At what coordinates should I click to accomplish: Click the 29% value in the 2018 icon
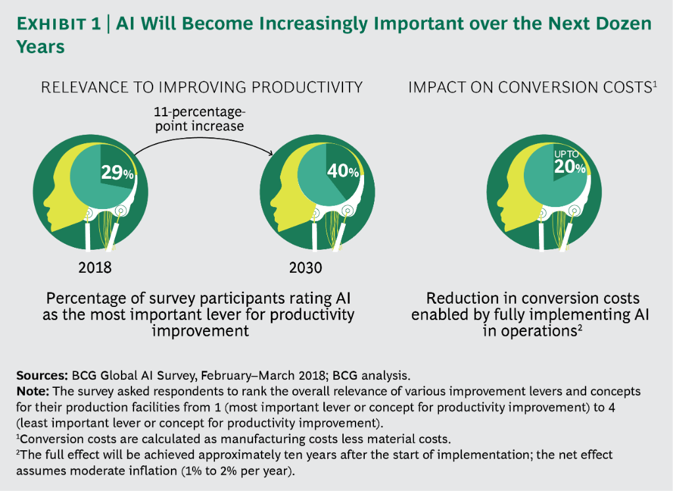(x=117, y=174)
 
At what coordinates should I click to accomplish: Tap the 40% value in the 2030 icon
(x=342, y=172)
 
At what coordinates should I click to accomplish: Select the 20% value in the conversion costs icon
(x=569, y=167)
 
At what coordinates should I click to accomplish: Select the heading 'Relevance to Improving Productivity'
(x=202, y=87)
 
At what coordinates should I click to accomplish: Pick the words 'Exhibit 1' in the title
(x=58, y=24)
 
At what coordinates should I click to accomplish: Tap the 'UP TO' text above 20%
(x=567, y=154)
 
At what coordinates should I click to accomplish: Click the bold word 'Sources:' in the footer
(x=40, y=376)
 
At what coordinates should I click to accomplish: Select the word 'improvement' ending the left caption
(x=200, y=331)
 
